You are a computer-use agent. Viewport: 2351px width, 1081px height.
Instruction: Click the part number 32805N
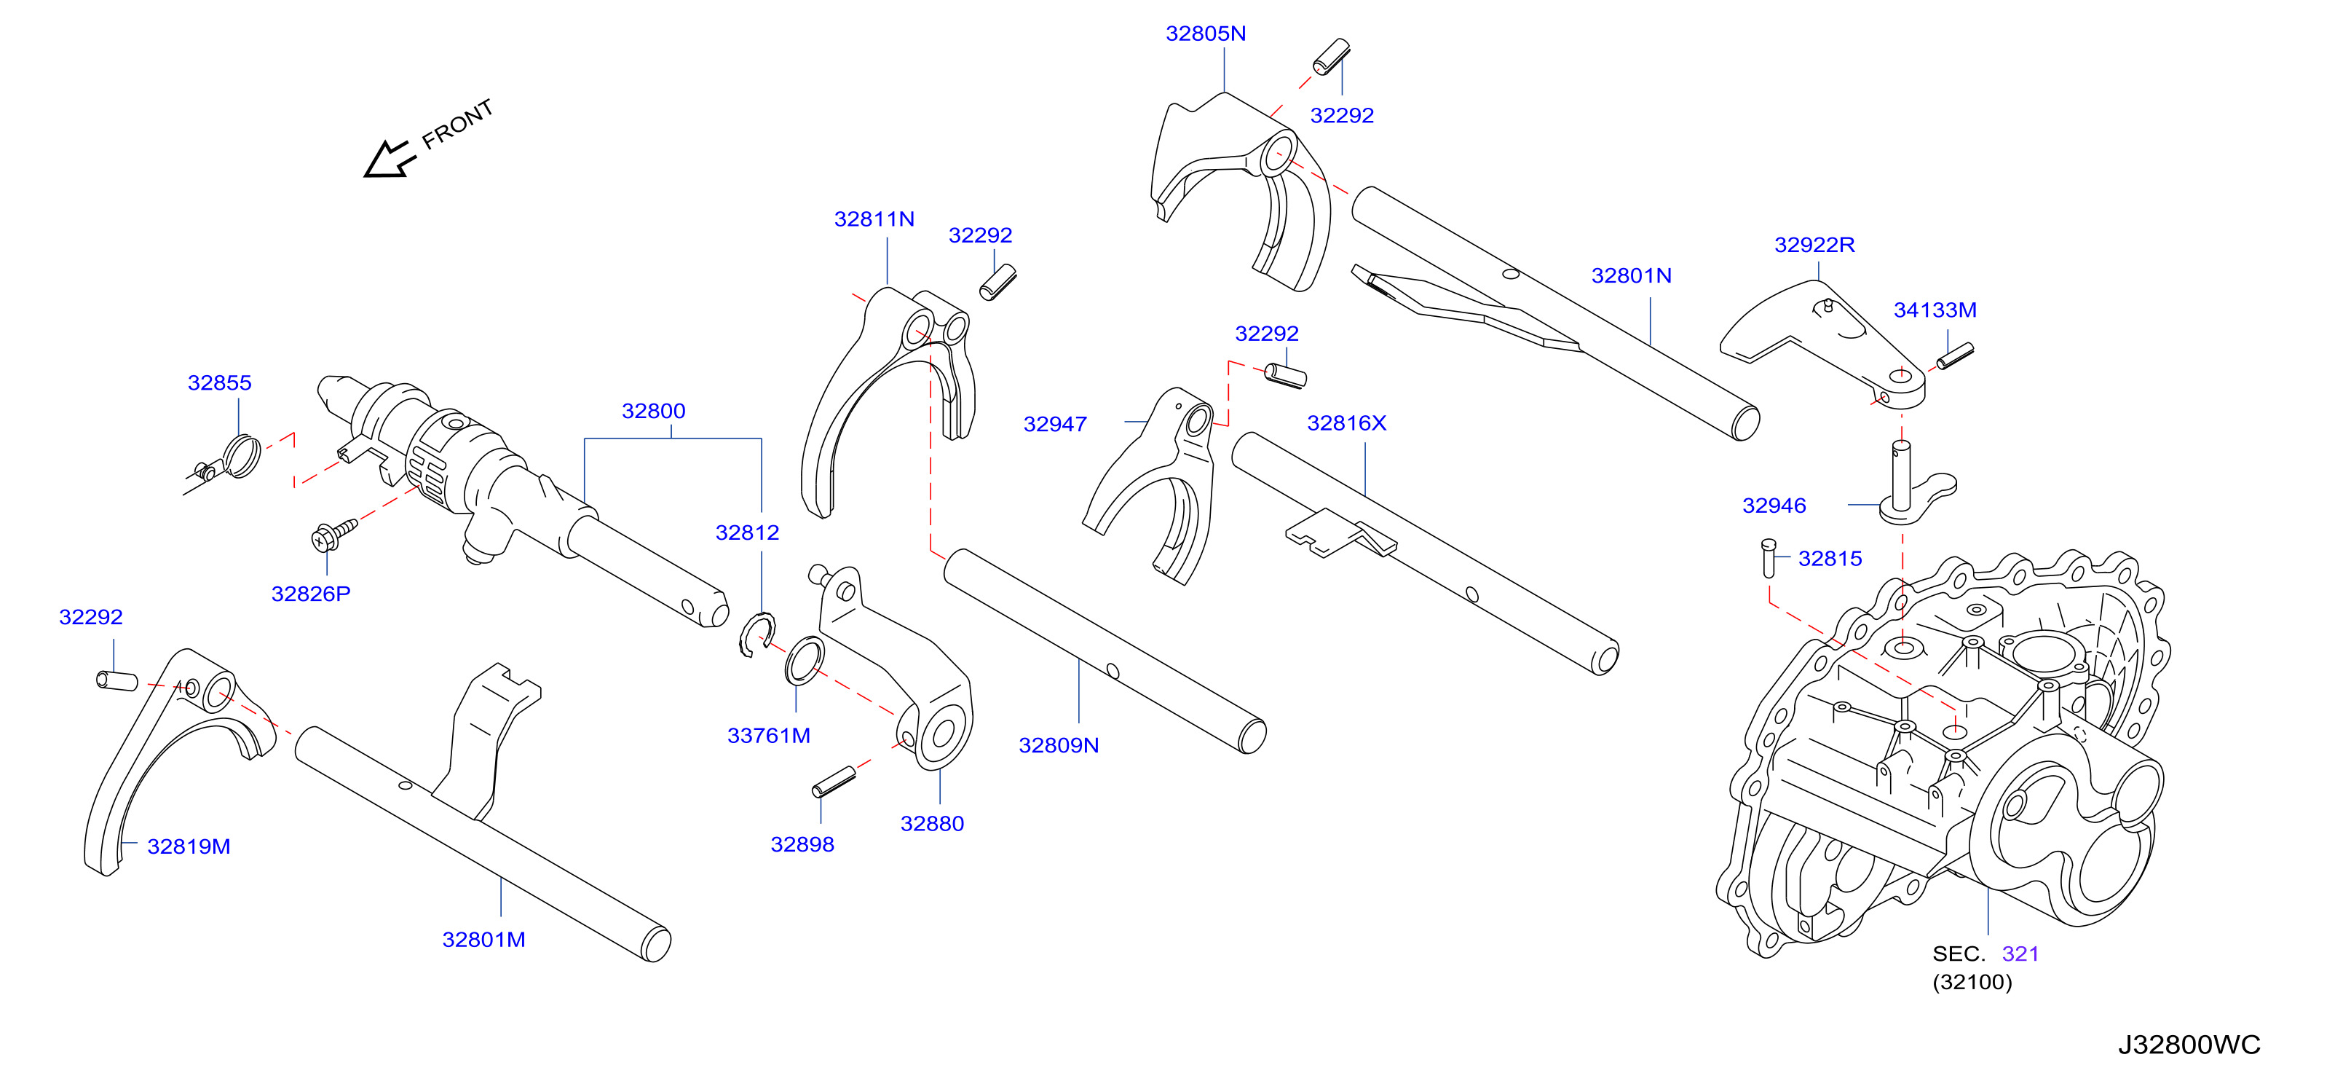1205,34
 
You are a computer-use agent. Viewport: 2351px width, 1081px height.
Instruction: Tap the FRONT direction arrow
390,159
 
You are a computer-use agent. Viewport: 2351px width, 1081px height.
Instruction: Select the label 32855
219,383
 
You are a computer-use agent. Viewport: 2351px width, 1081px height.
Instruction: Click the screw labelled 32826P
334,535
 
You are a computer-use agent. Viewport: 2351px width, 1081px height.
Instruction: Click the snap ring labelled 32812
756,634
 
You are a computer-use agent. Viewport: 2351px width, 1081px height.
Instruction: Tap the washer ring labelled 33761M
804,661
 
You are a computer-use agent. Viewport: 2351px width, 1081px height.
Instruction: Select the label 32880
932,825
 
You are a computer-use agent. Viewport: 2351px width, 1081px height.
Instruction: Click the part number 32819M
189,847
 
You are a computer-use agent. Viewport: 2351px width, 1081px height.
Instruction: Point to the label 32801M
483,940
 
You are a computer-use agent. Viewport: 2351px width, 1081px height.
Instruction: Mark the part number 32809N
1059,746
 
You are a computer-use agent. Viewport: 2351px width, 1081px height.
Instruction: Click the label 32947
1055,425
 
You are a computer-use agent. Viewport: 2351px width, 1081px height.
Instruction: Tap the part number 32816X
1346,424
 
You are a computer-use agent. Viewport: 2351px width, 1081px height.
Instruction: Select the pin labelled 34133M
1955,356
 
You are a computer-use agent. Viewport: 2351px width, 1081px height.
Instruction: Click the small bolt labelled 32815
1769,559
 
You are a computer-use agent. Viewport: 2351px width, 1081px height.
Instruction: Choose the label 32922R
1814,245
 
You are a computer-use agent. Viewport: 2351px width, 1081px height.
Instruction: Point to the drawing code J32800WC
2189,1045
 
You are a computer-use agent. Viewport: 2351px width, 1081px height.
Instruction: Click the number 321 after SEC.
2020,954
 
